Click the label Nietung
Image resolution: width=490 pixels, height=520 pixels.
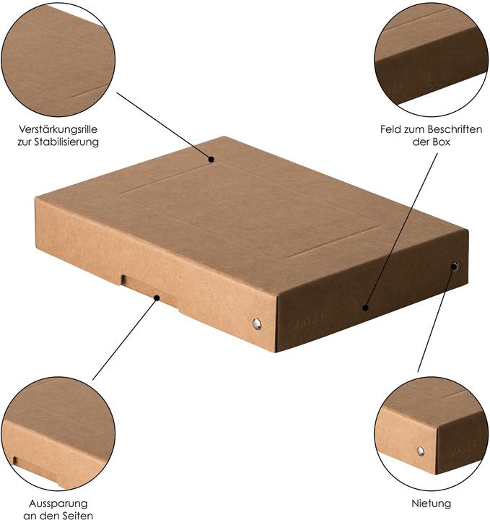tap(431, 503)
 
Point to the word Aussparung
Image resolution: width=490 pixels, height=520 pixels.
tap(58, 503)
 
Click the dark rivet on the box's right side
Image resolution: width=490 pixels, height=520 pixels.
tap(454, 266)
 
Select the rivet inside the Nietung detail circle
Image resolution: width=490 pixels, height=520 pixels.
tap(420, 451)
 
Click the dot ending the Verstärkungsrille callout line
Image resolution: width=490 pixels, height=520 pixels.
tap(212, 160)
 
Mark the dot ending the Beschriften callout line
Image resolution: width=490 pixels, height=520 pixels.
tap(365, 308)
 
